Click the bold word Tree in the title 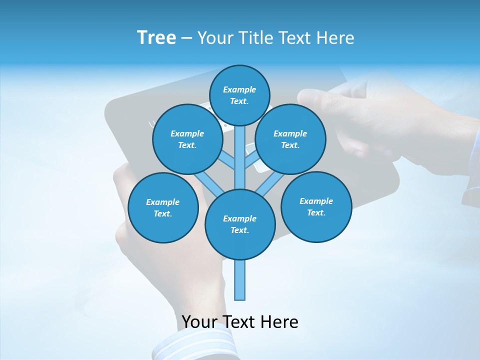pos(156,38)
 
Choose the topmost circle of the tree pos(239,95)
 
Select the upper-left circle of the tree pos(187,139)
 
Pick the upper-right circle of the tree pos(290,139)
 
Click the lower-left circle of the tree pos(163,207)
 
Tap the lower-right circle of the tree pos(316,206)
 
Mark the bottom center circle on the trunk pos(240,224)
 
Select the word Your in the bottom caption pos(199,322)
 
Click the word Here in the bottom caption pos(279,322)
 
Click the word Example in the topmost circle pos(239,90)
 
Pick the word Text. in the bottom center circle pos(239,230)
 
